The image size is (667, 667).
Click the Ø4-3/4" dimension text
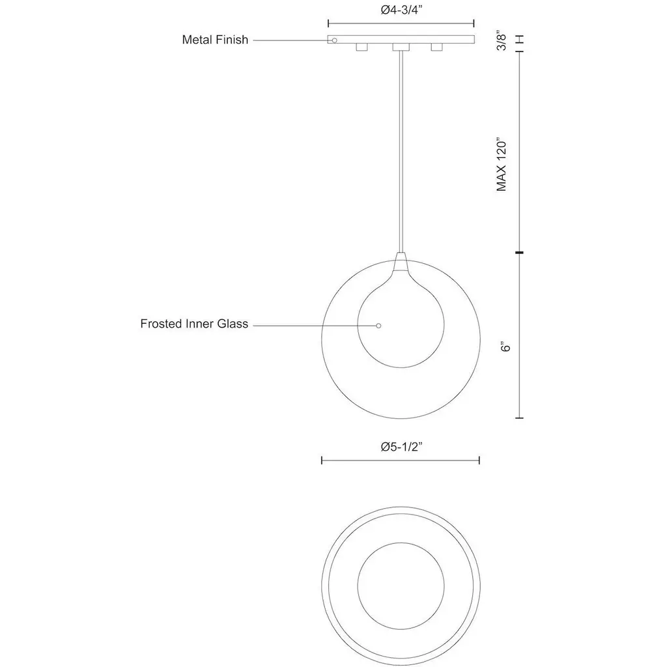[x=401, y=10]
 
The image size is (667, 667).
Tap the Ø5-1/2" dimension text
[x=401, y=447]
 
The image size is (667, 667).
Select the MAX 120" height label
[x=502, y=164]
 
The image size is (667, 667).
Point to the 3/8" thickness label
[x=502, y=42]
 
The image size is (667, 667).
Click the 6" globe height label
[x=505, y=347]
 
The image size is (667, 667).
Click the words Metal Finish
[x=215, y=40]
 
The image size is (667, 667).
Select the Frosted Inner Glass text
[x=194, y=324]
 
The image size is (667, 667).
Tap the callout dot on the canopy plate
[x=334, y=40]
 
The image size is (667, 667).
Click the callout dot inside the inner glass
[x=378, y=326]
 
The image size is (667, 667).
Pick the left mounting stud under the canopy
[x=362, y=47]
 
